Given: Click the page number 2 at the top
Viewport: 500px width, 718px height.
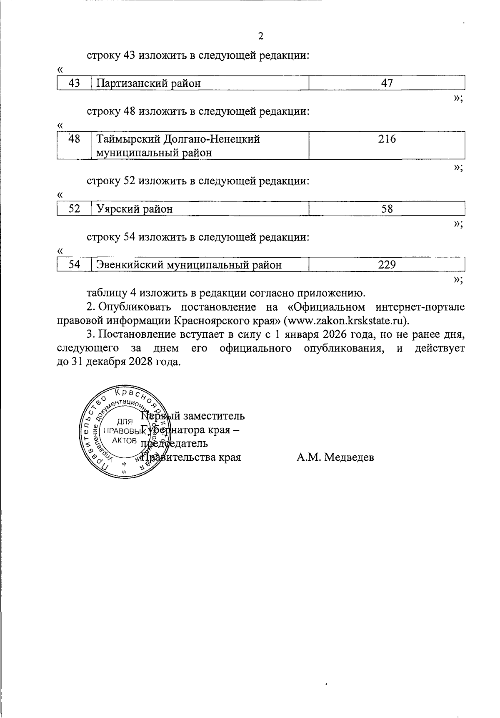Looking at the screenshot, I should [x=261, y=36].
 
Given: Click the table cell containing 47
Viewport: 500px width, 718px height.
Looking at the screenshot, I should [x=387, y=83].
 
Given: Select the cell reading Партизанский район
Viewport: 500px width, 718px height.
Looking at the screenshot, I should [x=149, y=83].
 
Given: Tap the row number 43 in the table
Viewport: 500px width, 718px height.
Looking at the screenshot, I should [x=74, y=83].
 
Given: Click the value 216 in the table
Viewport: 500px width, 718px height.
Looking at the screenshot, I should [x=387, y=139].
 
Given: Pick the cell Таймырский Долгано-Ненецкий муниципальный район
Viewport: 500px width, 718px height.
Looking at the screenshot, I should [x=178, y=146].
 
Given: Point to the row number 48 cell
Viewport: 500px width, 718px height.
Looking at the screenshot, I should [x=74, y=139].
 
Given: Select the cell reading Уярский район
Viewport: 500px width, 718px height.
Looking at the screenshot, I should [x=135, y=209].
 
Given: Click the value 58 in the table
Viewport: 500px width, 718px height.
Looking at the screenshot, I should [x=387, y=209].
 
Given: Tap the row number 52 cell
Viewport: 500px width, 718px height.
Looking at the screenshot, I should [x=74, y=209].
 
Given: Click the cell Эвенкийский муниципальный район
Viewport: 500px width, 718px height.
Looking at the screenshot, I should [x=189, y=265].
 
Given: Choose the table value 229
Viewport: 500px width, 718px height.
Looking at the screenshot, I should [x=387, y=265].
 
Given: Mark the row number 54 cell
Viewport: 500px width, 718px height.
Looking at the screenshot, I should [x=74, y=265].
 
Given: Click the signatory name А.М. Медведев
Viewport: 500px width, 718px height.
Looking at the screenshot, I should [x=335, y=457].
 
